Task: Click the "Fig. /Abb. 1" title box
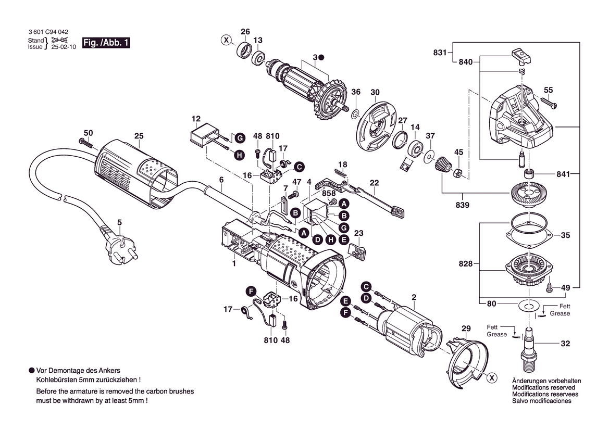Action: [106, 43]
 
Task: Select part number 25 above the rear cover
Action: [139, 136]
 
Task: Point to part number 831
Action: [440, 52]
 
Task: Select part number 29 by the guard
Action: [466, 328]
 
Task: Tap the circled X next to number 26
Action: [226, 40]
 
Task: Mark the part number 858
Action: [328, 193]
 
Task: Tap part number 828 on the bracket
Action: [466, 264]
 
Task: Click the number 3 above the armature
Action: [315, 56]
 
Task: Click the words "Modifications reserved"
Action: [543, 388]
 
